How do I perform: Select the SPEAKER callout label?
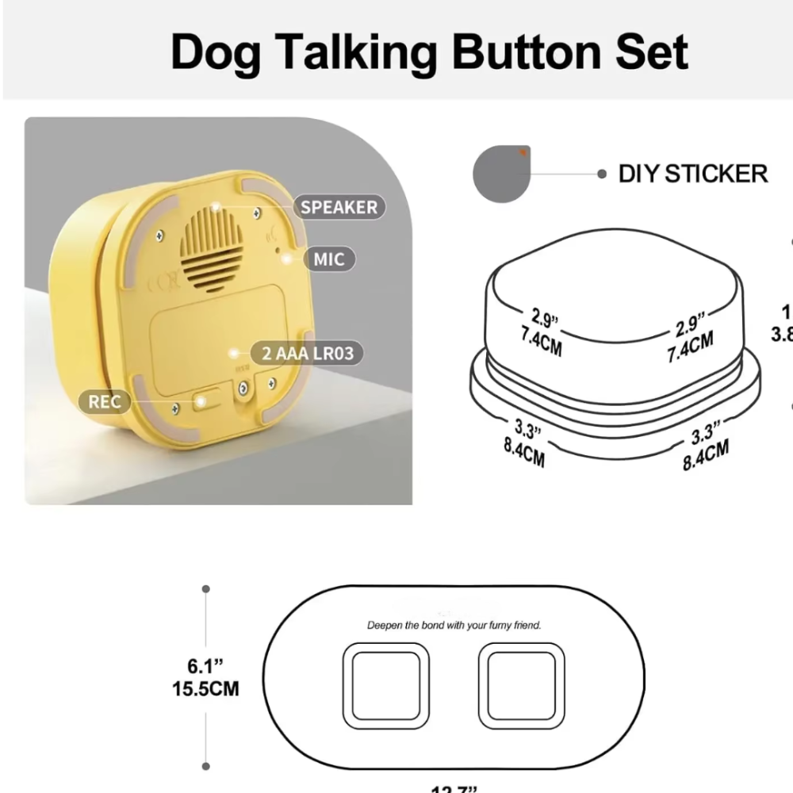(x=339, y=208)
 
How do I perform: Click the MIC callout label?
(x=329, y=259)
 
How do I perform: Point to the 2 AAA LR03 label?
(x=307, y=353)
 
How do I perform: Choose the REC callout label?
(x=105, y=401)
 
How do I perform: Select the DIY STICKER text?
(x=693, y=174)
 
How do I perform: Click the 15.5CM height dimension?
(x=205, y=688)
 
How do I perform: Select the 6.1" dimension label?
(x=205, y=664)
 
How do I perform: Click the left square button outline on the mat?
(x=385, y=686)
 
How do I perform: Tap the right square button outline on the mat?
(x=522, y=686)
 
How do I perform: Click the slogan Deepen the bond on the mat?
(x=454, y=626)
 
